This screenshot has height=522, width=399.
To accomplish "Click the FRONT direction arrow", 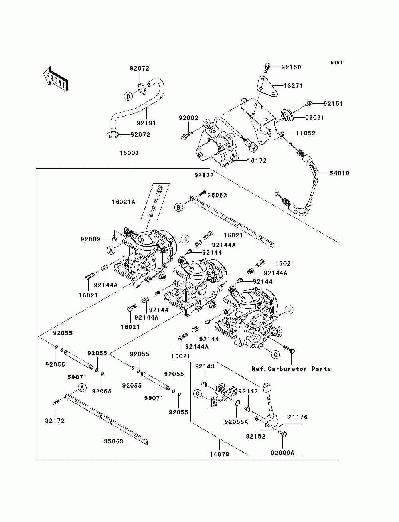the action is click(56, 79).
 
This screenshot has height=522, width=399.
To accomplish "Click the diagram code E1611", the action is click(338, 63).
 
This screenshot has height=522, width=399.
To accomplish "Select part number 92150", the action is click(291, 67).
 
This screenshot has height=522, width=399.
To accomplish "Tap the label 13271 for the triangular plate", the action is click(293, 86).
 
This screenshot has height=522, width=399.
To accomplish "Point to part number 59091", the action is click(314, 117).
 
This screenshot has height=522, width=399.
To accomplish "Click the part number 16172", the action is click(257, 161).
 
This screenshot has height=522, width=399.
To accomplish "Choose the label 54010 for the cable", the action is click(340, 173).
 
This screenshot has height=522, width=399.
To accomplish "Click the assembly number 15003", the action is click(129, 153).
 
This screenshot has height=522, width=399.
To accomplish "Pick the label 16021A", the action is click(123, 202).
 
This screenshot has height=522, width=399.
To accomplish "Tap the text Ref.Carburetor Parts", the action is click(291, 369).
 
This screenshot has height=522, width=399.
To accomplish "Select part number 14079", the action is click(219, 454).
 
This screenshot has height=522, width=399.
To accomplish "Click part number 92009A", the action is click(282, 453).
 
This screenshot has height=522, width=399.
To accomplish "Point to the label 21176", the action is click(298, 417).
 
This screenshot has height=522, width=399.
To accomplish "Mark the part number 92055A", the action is click(236, 422).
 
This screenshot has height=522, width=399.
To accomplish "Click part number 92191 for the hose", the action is click(146, 123).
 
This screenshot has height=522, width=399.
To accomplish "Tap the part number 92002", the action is click(189, 118).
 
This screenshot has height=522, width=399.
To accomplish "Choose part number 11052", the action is click(306, 133).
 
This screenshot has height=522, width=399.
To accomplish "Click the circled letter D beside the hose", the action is click(128, 96).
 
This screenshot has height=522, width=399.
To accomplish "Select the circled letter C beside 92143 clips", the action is click(198, 393).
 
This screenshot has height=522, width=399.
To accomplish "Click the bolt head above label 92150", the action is click(267, 65).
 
